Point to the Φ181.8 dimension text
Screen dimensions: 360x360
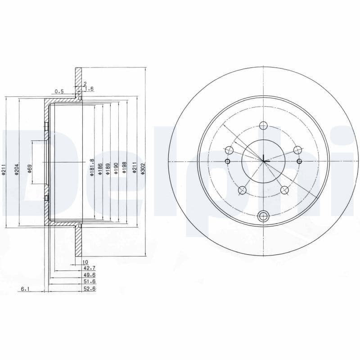tap(91, 168)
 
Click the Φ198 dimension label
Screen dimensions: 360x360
tap(124, 170)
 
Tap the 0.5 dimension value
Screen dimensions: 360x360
tap(59, 92)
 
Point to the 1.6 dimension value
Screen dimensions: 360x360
tap(89, 89)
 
